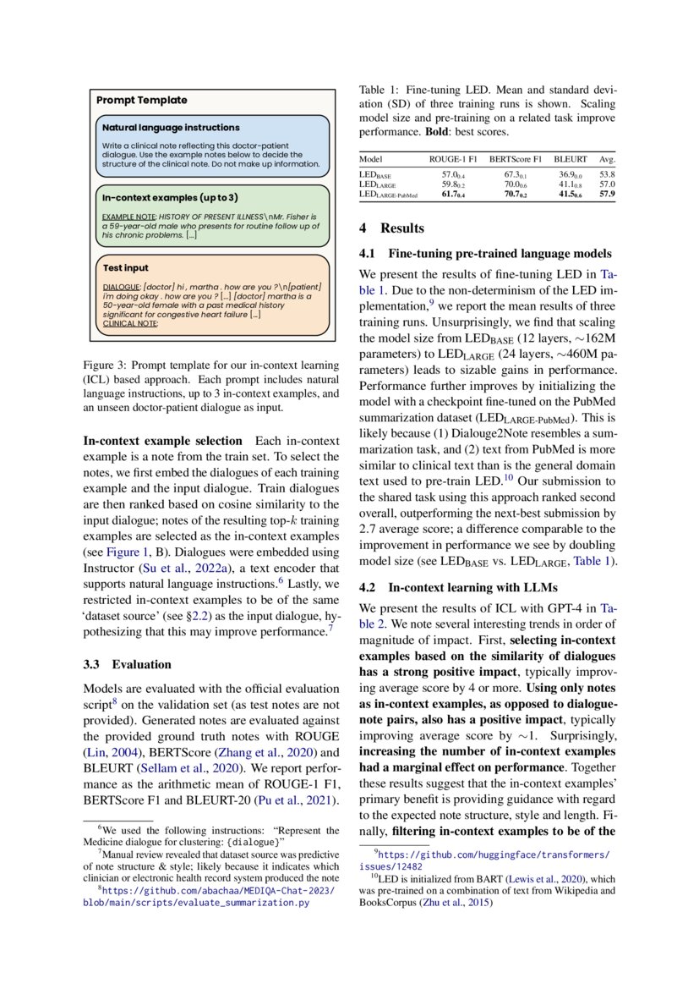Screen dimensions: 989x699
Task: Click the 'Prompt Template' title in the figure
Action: [141, 100]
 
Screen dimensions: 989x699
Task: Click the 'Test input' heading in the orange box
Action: [125, 268]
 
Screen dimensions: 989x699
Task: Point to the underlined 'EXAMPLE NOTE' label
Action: [128, 217]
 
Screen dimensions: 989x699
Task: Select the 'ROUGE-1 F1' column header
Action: [453, 159]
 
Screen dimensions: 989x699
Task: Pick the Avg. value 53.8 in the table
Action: [606, 173]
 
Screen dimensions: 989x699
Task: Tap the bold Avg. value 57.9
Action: [606, 195]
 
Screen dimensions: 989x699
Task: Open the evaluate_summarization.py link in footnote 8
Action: [195, 903]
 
